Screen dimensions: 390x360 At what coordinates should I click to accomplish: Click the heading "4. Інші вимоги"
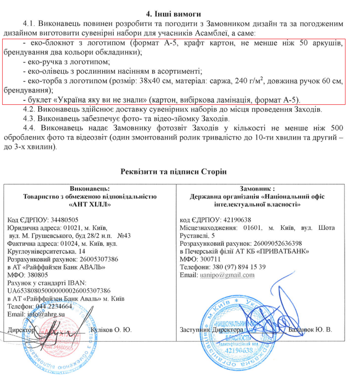point(174,14)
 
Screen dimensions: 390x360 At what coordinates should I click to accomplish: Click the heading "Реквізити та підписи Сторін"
point(174,172)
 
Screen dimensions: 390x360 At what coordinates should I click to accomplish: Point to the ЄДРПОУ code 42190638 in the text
point(237,220)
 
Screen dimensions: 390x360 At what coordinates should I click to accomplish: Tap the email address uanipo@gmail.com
point(227,275)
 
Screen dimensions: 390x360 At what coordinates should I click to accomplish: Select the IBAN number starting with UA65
point(59,290)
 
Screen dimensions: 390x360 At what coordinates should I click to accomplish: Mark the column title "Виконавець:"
point(90,189)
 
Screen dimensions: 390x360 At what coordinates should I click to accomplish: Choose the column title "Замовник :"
point(257,189)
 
